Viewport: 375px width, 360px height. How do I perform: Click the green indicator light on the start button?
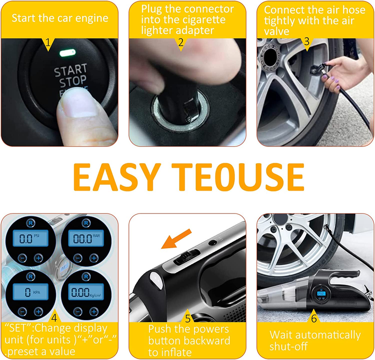click(67, 53)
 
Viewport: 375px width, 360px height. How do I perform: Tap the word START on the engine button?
click(71, 70)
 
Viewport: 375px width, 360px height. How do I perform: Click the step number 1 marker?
click(48, 43)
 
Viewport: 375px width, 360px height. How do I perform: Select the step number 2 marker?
click(181, 43)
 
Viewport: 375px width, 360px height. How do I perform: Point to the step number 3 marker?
click(307, 42)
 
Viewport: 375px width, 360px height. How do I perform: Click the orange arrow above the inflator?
click(176, 238)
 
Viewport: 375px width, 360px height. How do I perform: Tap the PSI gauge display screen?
click(30, 238)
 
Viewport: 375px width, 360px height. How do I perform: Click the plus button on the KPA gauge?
click(38, 311)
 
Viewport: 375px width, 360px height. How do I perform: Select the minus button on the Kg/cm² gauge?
click(78, 312)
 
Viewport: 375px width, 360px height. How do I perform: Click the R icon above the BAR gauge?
click(86, 223)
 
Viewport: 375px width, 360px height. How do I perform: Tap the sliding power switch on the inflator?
click(187, 257)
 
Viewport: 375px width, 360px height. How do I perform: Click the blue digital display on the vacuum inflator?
click(321, 293)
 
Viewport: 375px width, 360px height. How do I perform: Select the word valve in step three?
click(277, 31)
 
